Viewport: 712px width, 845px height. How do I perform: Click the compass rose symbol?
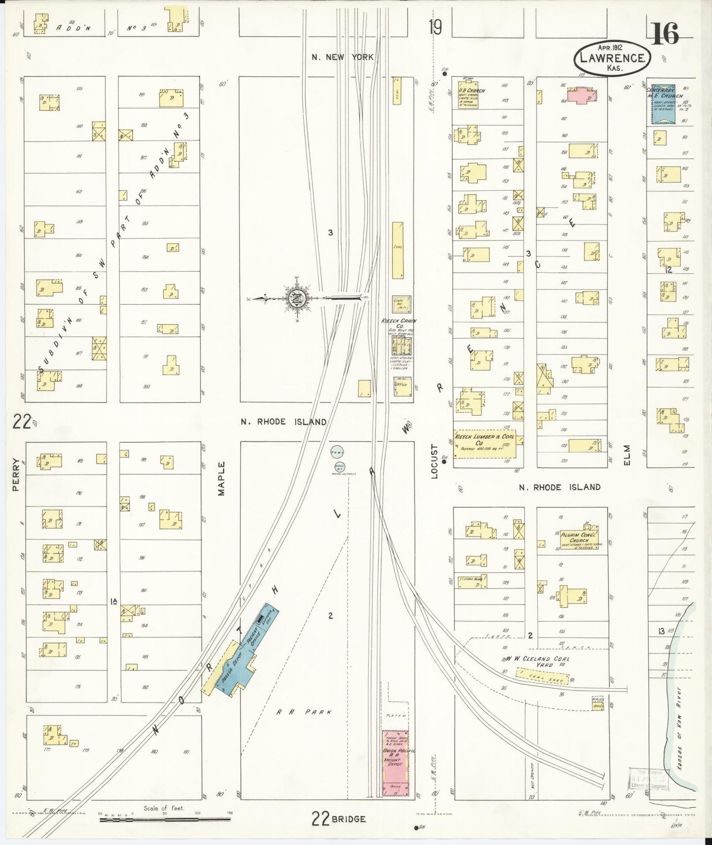(x=297, y=298)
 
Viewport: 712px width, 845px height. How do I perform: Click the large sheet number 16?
(x=665, y=34)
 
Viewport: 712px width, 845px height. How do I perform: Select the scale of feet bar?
(x=165, y=819)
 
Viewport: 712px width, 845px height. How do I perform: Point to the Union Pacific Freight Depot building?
(x=396, y=763)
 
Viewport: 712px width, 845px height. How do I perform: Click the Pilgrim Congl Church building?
(x=578, y=538)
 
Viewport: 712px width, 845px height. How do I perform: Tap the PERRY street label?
(x=16, y=474)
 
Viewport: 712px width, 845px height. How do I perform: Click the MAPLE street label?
(x=221, y=478)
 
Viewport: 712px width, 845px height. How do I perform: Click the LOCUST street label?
(x=434, y=461)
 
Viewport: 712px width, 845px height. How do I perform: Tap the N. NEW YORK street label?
(x=342, y=57)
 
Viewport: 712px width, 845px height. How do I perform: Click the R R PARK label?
(x=304, y=712)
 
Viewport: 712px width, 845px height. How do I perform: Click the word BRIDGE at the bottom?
(x=348, y=819)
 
